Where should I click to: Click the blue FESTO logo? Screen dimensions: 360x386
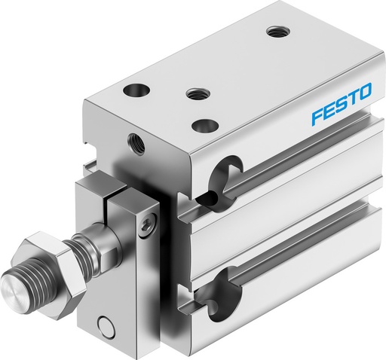tap(340, 105)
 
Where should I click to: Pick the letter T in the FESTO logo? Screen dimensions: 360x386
tap(352, 99)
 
